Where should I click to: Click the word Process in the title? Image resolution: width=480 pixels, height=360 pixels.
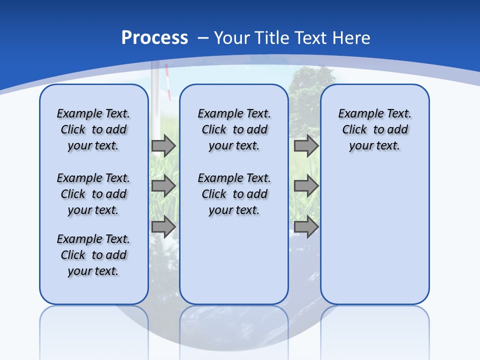154,38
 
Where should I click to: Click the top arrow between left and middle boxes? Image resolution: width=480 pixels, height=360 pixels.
163,145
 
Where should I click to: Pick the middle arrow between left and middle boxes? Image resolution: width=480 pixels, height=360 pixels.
163,186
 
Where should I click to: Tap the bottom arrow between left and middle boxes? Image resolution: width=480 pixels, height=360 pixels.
163,226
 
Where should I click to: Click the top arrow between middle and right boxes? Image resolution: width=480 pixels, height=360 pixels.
306,145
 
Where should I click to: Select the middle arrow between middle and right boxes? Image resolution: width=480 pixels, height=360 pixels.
306,186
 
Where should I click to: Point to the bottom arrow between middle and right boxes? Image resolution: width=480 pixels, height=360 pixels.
306,226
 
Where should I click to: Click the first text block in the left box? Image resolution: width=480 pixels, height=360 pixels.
93,129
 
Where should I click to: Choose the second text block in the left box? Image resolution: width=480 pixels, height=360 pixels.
93,194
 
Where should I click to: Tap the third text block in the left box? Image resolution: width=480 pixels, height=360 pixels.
93,255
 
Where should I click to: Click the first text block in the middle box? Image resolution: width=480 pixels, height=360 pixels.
234,129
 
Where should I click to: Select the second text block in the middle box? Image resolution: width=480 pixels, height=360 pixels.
234,194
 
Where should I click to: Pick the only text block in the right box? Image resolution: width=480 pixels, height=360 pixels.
374,129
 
